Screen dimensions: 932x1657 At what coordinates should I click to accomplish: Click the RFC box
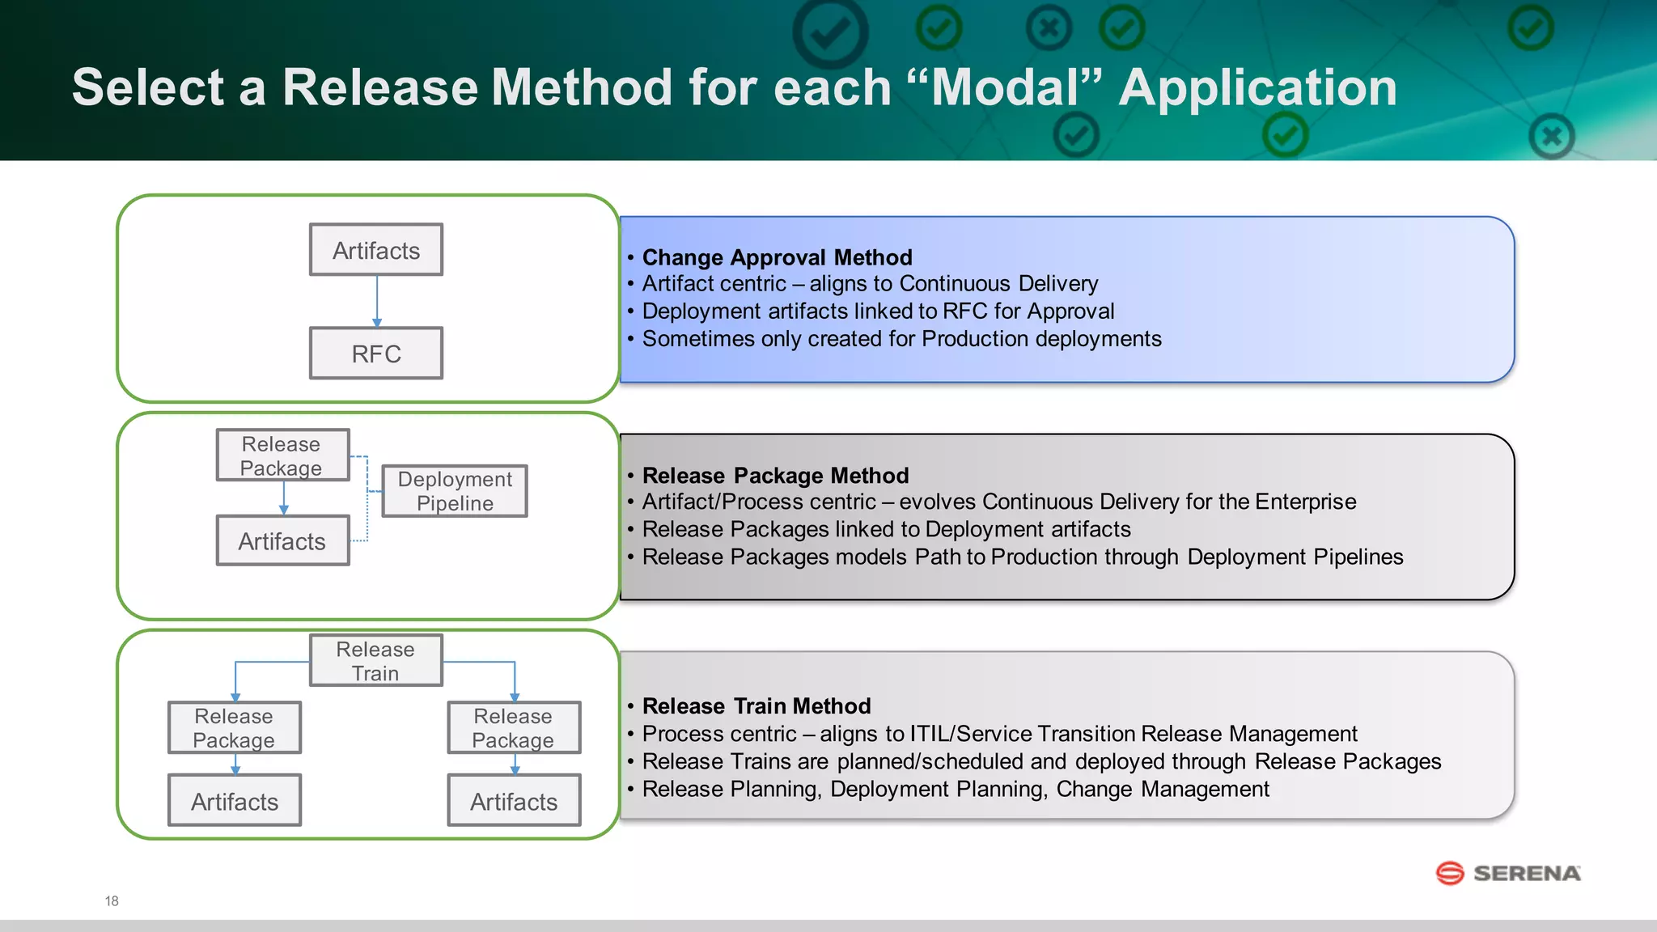[376, 354]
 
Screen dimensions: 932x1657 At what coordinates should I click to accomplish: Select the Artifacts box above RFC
[376, 250]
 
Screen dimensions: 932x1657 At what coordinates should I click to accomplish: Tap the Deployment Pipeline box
[455, 491]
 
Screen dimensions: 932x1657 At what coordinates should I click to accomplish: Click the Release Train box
[375, 661]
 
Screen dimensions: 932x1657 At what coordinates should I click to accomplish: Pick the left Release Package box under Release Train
[234, 728]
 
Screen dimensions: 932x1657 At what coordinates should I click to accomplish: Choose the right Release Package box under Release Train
[514, 728]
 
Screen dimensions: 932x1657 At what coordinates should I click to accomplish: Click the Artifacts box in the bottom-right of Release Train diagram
[514, 801]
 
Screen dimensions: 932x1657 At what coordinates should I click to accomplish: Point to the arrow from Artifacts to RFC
[376, 301]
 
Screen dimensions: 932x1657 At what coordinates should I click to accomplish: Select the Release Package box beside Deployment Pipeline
[282, 455]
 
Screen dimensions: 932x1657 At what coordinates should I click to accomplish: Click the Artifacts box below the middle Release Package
[282, 541]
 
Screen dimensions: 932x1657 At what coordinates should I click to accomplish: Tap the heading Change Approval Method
[777, 257]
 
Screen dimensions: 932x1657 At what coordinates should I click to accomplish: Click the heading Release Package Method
[775, 475]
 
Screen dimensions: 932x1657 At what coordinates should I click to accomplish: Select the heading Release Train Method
[756, 706]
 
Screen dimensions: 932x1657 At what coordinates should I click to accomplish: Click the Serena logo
[1508, 873]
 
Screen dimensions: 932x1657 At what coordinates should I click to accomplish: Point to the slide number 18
[112, 900]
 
